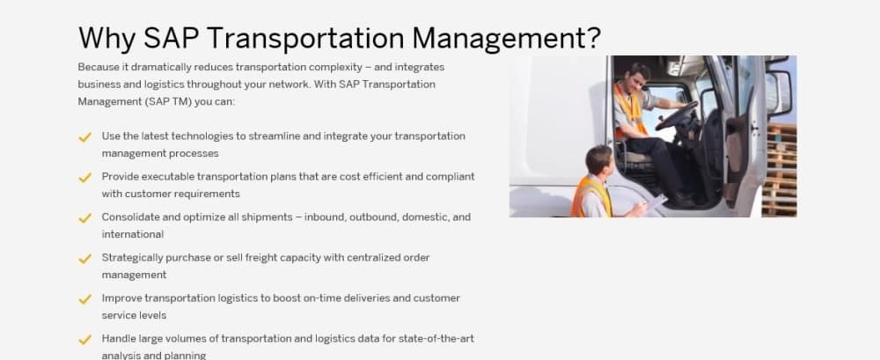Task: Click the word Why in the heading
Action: click(106, 39)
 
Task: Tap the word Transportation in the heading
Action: click(305, 39)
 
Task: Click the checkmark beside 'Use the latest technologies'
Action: click(84, 137)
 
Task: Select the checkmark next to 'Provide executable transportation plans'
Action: click(84, 178)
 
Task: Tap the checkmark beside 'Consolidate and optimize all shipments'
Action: click(84, 218)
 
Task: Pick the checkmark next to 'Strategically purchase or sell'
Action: click(84, 259)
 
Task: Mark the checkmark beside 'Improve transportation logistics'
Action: click(84, 298)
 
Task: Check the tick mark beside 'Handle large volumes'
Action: click(84, 339)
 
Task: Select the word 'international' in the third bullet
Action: click(133, 234)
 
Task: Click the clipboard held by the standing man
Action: click(656, 202)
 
